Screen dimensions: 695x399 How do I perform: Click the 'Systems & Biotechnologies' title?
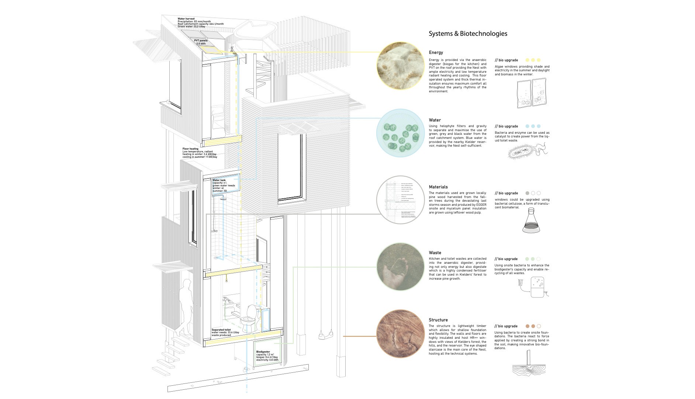[x=468, y=34]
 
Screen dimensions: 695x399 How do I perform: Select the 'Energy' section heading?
[x=436, y=52]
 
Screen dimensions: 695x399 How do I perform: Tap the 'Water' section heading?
[x=435, y=120]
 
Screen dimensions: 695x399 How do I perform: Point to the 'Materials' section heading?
[x=438, y=187]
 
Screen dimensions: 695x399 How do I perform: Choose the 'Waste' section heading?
[x=435, y=253]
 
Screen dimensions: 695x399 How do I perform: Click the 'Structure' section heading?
[x=438, y=320]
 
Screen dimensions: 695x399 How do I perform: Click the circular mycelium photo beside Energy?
[x=400, y=66]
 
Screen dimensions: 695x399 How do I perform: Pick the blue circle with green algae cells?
[x=400, y=133]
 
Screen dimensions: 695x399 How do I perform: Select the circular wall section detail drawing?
[x=400, y=200]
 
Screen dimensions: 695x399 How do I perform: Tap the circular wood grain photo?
[x=400, y=334]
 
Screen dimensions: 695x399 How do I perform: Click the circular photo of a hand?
[x=400, y=267]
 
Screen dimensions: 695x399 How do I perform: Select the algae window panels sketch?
[x=531, y=94]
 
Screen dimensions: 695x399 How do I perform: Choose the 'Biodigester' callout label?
[x=263, y=352]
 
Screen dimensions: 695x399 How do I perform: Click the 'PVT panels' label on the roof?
[x=201, y=41]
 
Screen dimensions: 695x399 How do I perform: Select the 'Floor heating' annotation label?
[x=190, y=149]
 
